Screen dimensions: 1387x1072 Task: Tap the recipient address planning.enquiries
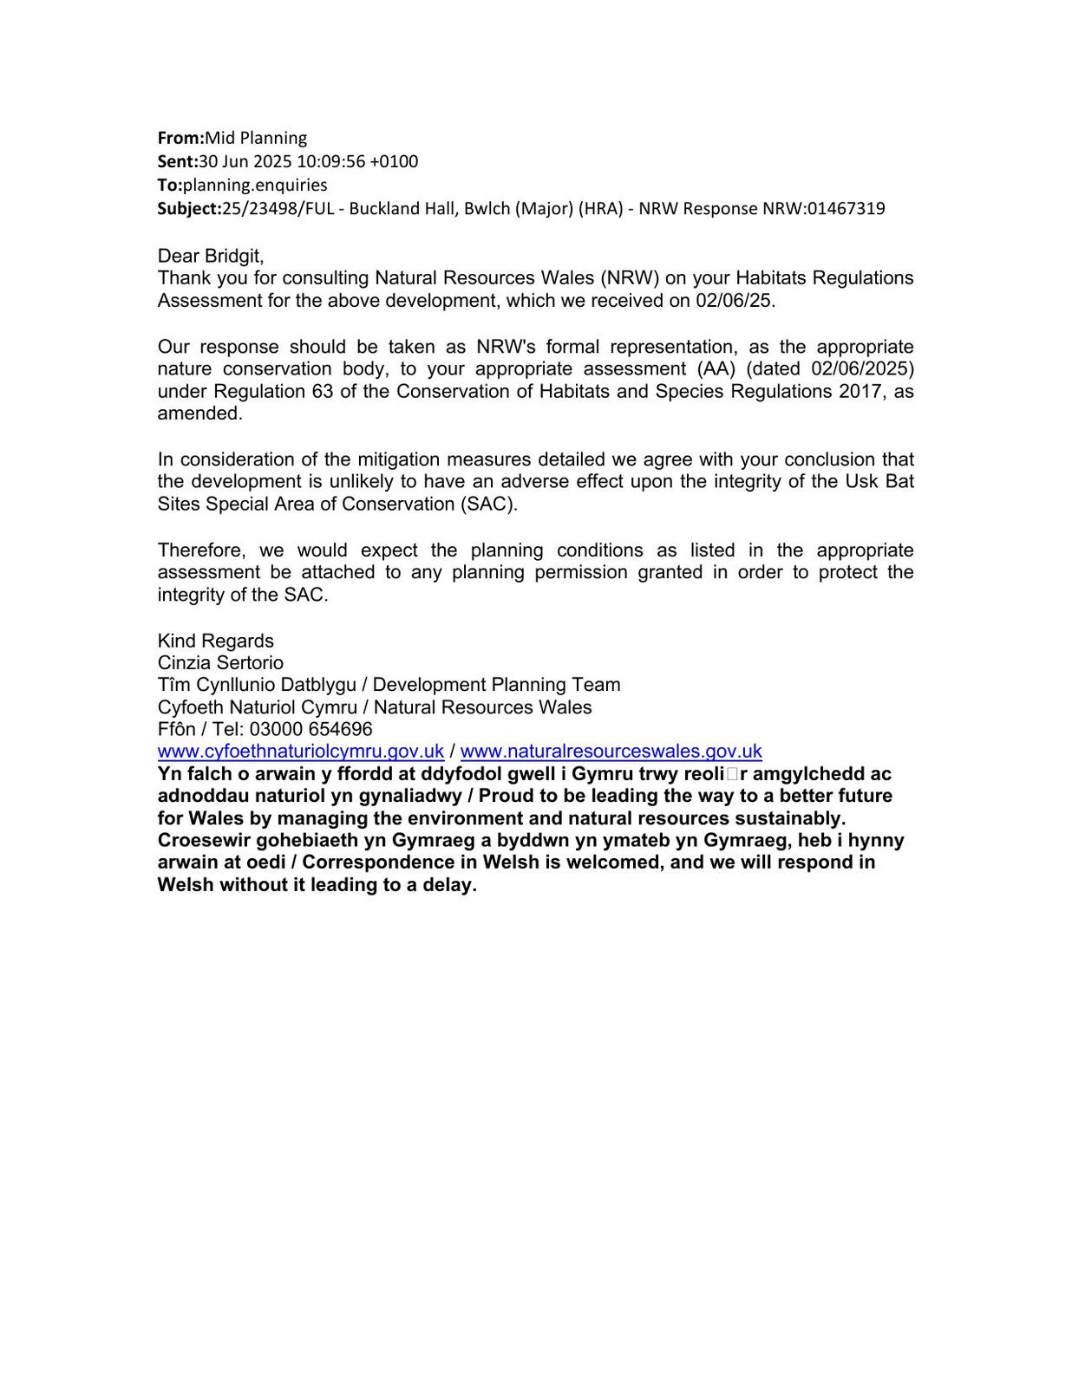[255, 185]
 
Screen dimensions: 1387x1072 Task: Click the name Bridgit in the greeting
[233, 256]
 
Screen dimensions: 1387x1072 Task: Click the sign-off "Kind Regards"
[215, 641]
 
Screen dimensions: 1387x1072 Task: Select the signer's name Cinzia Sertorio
[220, 662]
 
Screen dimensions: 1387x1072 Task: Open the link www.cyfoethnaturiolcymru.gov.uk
[300, 752]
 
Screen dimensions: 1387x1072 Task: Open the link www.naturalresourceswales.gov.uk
[611, 752]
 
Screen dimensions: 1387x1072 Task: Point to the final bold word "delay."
[449, 885]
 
